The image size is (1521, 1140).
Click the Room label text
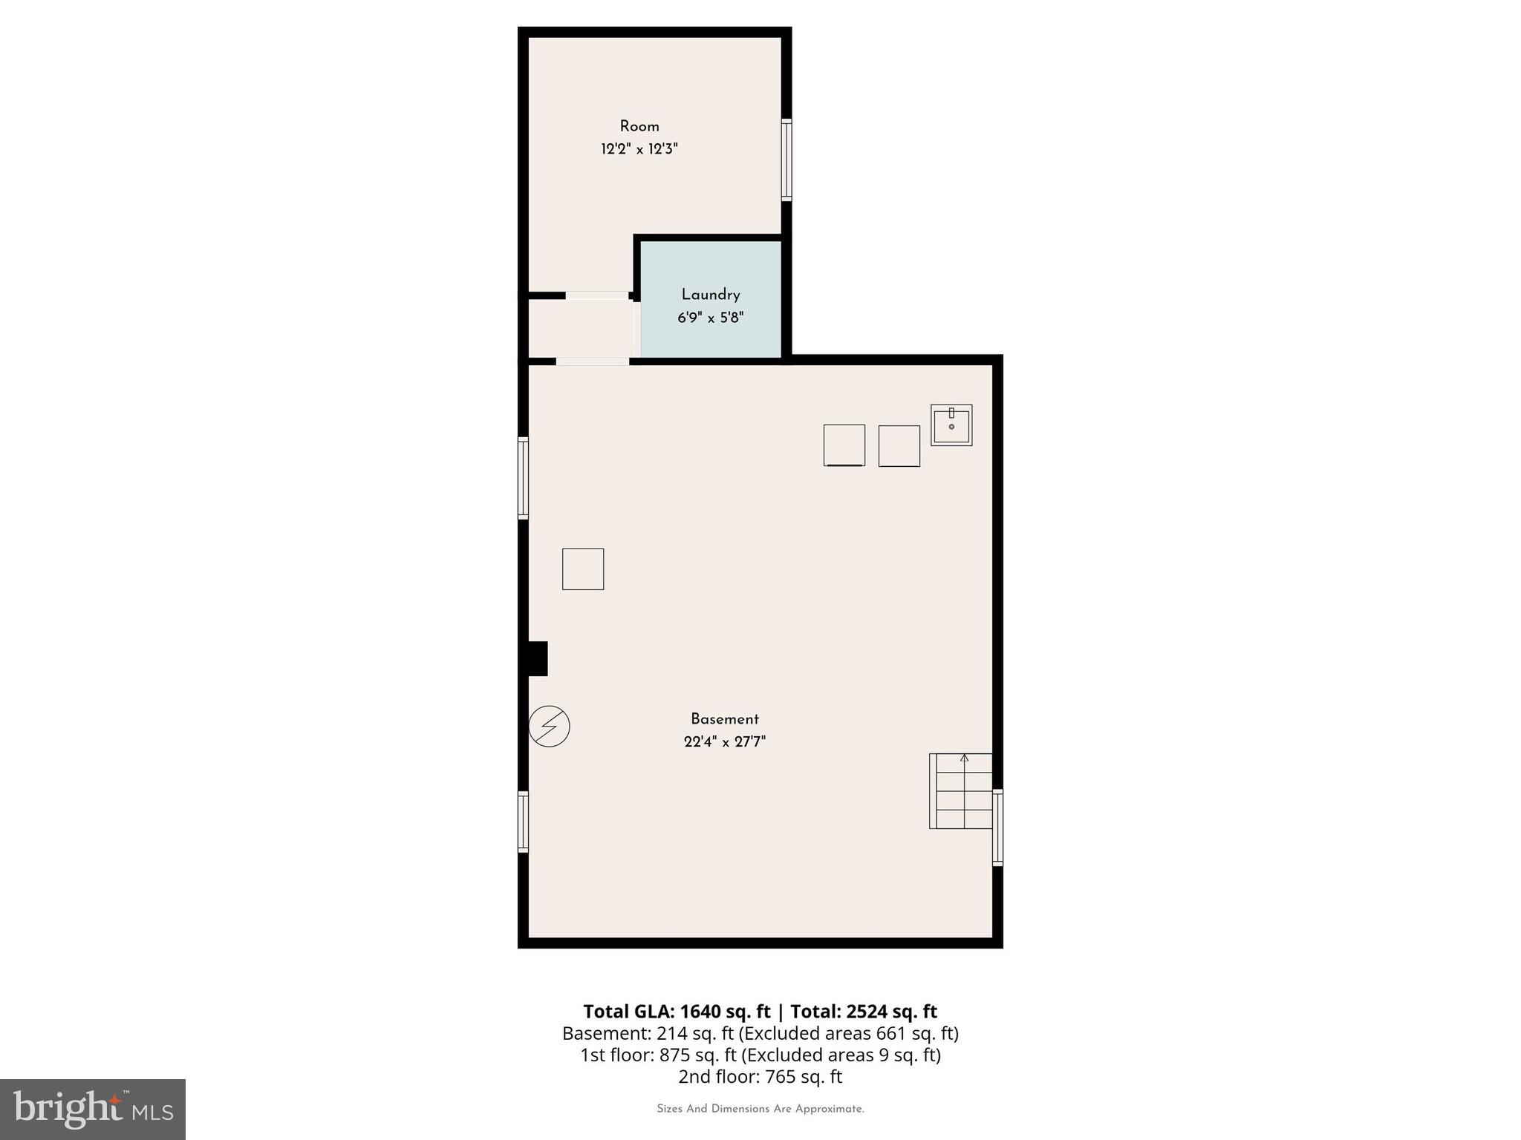[x=639, y=126]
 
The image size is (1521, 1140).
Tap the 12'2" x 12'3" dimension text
[x=639, y=149]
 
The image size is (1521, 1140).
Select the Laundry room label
[x=711, y=295]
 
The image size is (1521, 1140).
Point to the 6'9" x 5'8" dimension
[x=711, y=318]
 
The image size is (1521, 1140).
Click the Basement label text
[x=725, y=719]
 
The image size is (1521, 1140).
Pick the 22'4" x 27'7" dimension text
[x=725, y=741]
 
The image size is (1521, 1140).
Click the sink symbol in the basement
[x=951, y=425]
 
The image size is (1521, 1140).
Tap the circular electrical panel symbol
[x=550, y=726]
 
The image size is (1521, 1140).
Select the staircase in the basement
[x=961, y=792]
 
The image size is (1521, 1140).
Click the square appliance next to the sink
[x=899, y=446]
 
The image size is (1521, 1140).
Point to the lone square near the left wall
[x=583, y=569]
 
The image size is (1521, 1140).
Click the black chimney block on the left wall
[x=537, y=659]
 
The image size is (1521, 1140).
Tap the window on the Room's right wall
[x=786, y=160]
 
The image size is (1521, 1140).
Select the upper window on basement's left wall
[x=523, y=478]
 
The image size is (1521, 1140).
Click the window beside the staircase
[x=997, y=828]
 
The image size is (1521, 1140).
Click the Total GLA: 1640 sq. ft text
[x=676, y=1012]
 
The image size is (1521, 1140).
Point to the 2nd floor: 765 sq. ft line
[x=760, y=1077]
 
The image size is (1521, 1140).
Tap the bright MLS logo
[x=93, y=1109]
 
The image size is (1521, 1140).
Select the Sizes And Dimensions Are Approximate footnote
[x=760, y=1109]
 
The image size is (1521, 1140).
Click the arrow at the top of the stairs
[x=965, y=758]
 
